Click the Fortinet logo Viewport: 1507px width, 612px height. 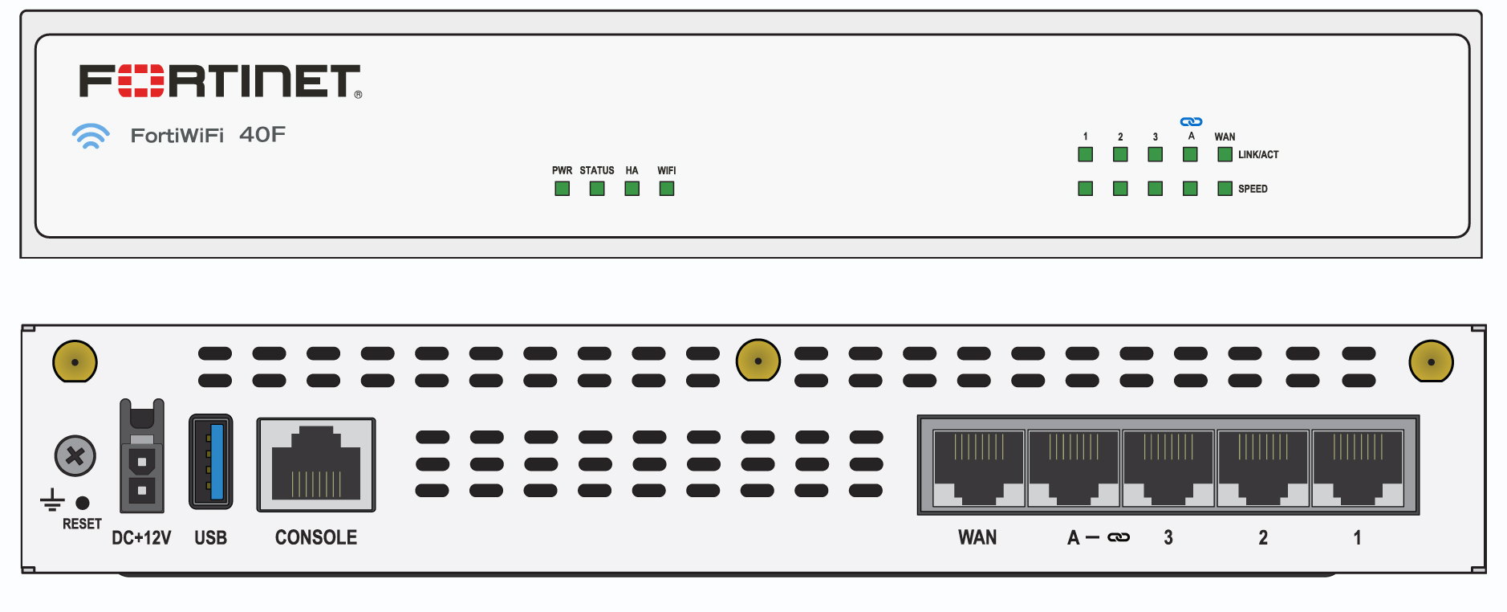[x=220, y=81]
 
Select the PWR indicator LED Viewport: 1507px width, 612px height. [x=562, y=189]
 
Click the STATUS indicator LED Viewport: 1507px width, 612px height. [x=597, y=189]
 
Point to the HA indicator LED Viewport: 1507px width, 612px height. [x=632, y=189]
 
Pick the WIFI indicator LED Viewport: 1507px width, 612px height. [x=667, y=189]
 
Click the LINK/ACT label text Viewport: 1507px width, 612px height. [x=1257, y=155]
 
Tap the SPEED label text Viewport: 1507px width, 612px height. [x=1253, y=190]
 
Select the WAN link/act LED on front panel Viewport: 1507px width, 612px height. [x=1225, y=154]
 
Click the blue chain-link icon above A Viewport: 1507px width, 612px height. [x=1191, y=122]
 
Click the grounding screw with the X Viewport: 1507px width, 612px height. [x=75, y=456]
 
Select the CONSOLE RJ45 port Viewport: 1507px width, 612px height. [x=316, y=464]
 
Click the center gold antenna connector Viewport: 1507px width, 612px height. [x=758, y=361]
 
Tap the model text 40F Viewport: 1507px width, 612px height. [x=262, y=135]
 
